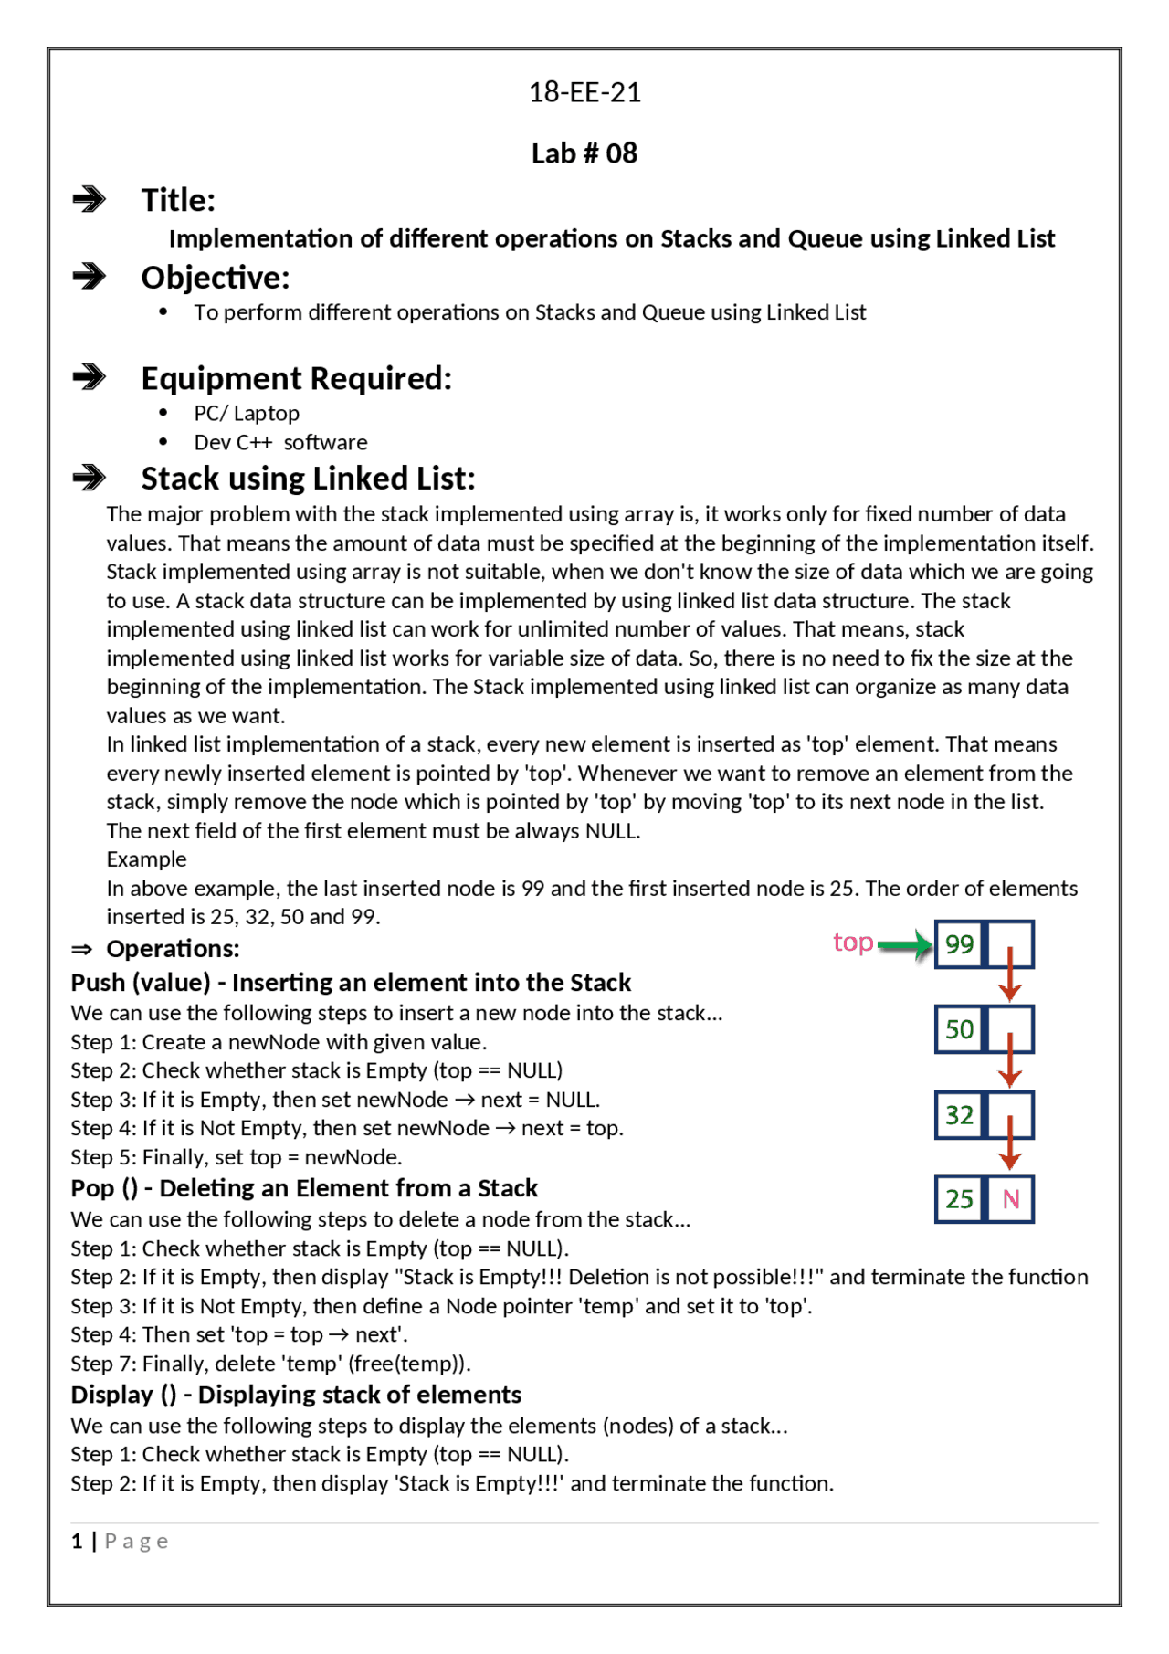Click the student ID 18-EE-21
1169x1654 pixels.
pos(584,92)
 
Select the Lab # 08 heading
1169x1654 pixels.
pos(584,153)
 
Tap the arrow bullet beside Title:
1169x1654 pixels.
pos(90,199)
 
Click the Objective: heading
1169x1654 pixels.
pos(215,278)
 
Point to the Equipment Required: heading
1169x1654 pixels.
pos(296,378)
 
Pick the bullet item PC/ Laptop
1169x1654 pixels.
pos(247,414)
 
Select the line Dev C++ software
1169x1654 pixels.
pos(280,443)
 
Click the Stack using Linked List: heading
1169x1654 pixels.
pos(308,479)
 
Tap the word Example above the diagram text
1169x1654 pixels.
pos(146,859)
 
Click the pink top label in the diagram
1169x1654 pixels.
pos(853,943)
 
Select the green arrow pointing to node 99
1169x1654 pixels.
pos(904,945)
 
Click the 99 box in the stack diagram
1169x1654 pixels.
pos(959,944)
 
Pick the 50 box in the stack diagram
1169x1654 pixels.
pos(959,1030)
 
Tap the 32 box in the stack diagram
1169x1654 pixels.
pos(959,1115)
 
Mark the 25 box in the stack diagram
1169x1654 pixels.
pos(959,1199)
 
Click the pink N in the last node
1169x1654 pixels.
pos(1011,1199)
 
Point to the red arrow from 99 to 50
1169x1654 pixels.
pos(1009,974)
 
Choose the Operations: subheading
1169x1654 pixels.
pos(173,949)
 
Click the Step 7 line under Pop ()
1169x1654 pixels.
pos(270,1364)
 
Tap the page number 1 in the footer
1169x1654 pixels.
pos(78,1542)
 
